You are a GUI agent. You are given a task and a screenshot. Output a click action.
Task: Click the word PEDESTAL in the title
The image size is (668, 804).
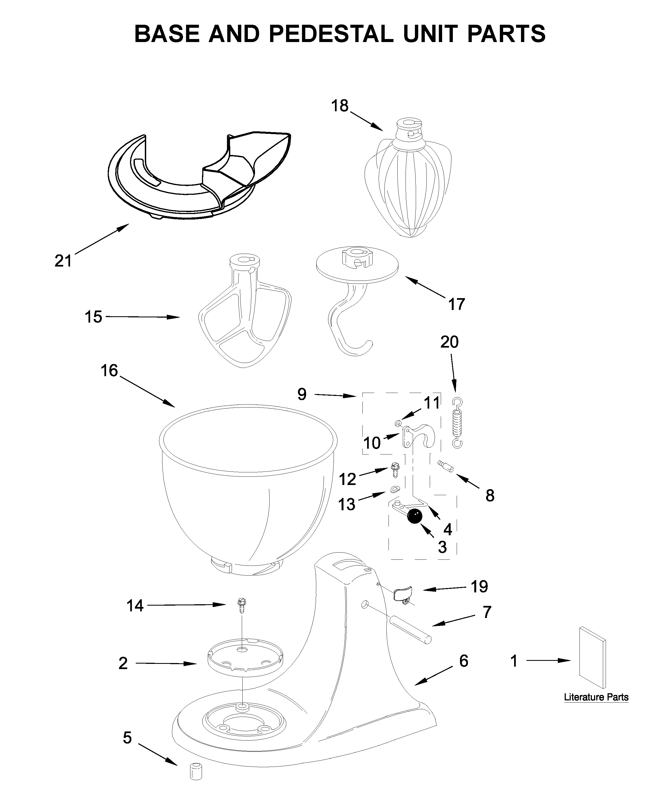tap(331, 34)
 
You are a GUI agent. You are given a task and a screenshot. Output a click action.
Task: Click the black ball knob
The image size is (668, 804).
tap(415, 517)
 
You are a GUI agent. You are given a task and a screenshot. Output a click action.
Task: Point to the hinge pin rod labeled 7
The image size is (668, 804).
tap(410, 630)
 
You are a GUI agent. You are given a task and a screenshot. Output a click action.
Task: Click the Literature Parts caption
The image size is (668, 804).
tap(596, 697)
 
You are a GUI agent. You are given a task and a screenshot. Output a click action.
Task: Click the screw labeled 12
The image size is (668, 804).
tap(395, 469)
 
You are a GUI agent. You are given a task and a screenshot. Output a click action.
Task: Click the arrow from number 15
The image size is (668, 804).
tap(142, 317)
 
